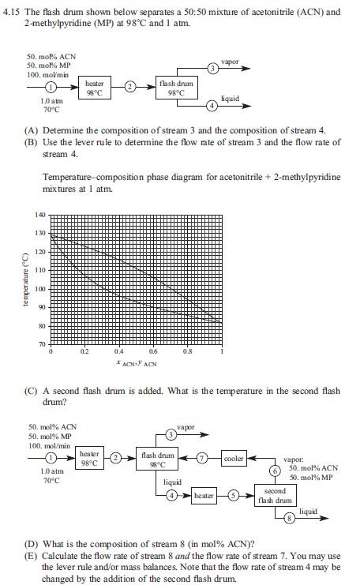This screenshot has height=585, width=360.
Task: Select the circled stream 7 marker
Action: (201, 458)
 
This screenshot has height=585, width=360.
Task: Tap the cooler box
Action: (234, 458)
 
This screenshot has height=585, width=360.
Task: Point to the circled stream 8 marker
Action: (288, 517)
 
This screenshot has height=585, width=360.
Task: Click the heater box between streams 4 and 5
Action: (203, 495)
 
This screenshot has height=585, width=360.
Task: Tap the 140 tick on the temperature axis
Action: (40, 215)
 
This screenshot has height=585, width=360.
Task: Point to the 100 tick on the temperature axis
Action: (40, 289)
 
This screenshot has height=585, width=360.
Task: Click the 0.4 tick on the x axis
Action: (119, 352)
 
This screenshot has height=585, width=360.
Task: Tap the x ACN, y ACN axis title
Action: (136, 363)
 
